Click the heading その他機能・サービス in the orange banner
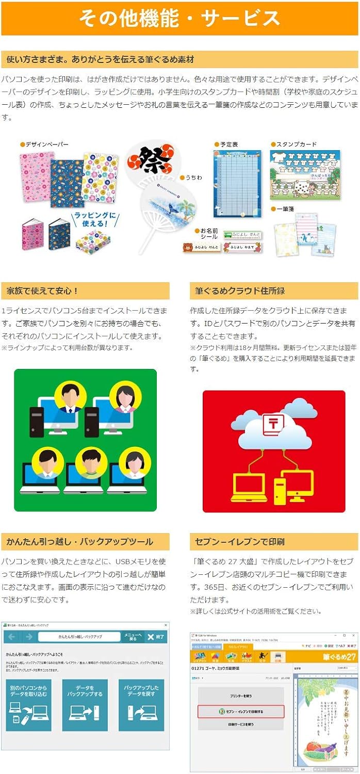tap(179, 18)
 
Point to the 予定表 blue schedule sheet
tap(237, 183)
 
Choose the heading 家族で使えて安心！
tap(41, 291)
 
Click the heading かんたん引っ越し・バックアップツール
tap(79, 542)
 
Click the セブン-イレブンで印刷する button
tap(241, 712)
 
